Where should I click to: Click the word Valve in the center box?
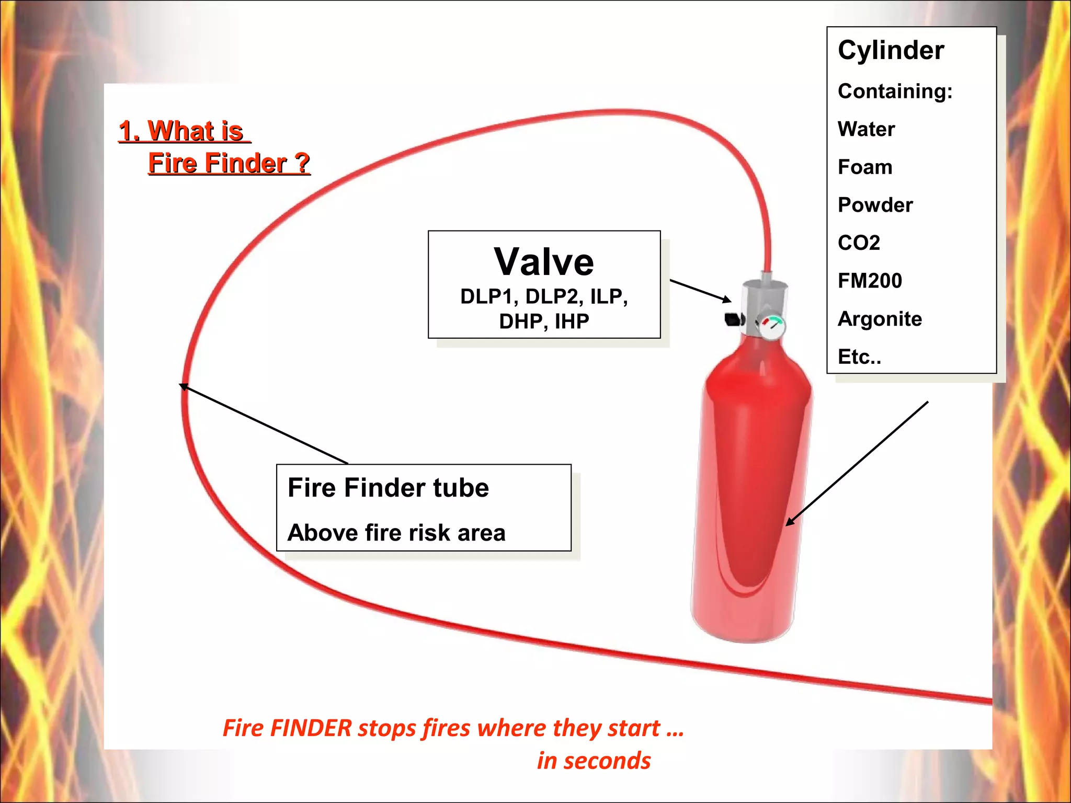point(544,262)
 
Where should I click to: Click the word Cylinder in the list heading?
point(891,51)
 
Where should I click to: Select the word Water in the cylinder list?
point(866,129)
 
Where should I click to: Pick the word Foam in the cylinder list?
point(865,167)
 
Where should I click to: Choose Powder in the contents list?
point(875,205)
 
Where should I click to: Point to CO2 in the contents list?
point(859,243)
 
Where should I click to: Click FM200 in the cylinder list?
point(870,281)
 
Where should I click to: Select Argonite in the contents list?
point(880,319)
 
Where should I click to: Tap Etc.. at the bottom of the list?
point(859,357)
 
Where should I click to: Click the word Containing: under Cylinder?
point(895,91)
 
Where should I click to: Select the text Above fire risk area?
point(396,533)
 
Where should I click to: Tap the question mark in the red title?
point(302,163)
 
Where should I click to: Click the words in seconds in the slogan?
point(594,761)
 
